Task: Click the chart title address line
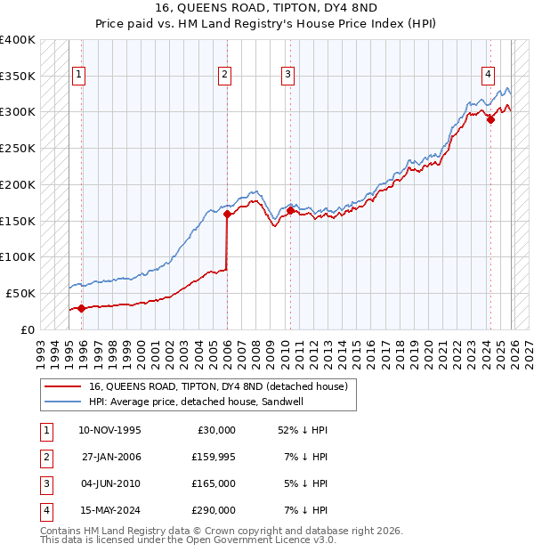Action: (x=266, y=8)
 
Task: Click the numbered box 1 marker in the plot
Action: (x=79, y=76)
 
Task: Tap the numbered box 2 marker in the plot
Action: (x=225, y=76)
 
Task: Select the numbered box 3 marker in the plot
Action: (x=288, y=76)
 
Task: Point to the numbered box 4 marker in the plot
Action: (x=489, y=76)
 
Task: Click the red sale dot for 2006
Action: (x=227, y=214)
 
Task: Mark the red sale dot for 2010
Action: (x=290, y=210)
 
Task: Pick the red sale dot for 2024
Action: (x=490, y=119)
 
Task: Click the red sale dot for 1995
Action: (x=81, y=308)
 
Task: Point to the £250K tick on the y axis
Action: (x=18, y=149)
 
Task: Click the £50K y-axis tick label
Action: (x=20, y=293)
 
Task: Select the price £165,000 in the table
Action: (x=214, y=483)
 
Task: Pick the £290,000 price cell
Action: (x=214, y=510)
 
